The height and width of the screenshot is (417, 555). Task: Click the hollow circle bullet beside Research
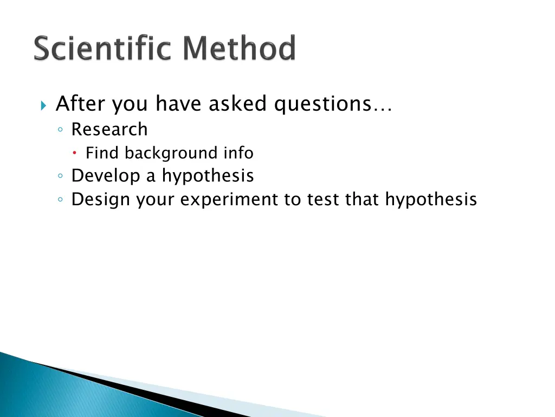click(61, 130)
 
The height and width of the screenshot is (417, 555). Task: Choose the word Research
click(109, 129)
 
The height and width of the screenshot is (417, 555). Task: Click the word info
click(238, 153)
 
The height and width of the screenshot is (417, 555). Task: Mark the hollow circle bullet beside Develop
click(61, 176)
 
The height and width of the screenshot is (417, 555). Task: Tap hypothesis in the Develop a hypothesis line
click(208, 176)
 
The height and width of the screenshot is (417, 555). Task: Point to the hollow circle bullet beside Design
click(61, 200)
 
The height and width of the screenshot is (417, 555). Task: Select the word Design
click(101, 200)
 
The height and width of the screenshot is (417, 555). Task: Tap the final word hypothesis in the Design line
click(431, 200)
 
